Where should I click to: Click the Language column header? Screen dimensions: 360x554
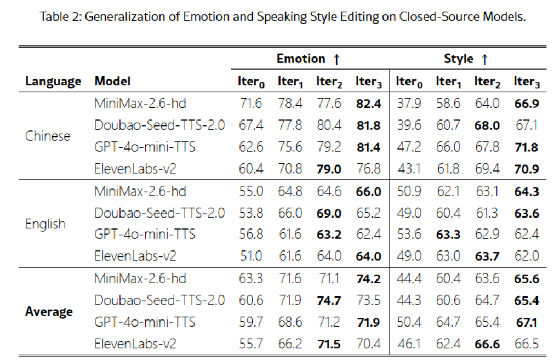point(53,82)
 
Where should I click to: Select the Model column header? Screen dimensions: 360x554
point(113,82)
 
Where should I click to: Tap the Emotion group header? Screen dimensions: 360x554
point(309,59)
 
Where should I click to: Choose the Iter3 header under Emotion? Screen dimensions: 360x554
point(369,82)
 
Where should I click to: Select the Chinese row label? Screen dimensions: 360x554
point(48,136)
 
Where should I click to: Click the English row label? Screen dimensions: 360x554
point(45,224)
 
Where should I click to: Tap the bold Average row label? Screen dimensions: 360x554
point(49,312)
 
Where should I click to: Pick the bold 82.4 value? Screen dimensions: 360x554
point(369,103)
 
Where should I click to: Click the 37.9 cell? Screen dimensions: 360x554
point(409,103)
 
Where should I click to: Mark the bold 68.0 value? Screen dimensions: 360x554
point(487,125)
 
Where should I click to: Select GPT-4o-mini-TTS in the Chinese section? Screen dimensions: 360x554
point(145,147)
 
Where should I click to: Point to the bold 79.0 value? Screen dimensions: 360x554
point(329,169)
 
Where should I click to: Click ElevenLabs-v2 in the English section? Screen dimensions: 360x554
point(135,256)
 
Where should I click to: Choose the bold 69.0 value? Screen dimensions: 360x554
point(329,213)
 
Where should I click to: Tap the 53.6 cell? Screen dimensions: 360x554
point(409,235)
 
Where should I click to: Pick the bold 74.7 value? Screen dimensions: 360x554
point(329,300)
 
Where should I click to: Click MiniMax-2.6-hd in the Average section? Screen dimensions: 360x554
point(140,278)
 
